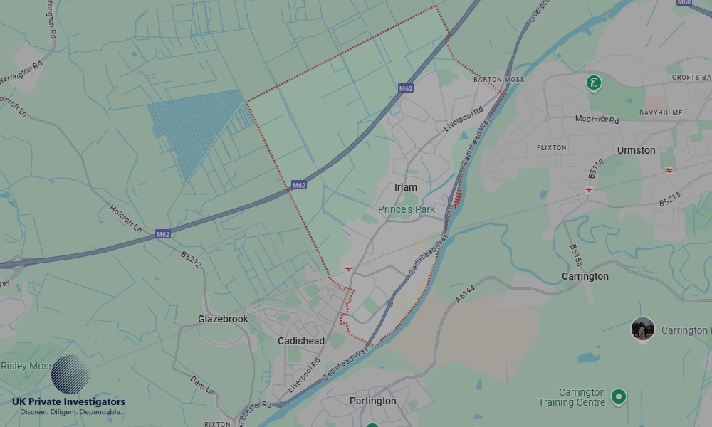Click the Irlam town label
(x=406, y=187)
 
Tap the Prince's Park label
(x=406, y=209)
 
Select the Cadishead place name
(x=300, y=341)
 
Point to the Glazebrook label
(x=223, y=319)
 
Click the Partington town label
(x=372, y=401)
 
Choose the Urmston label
(x=636, y=150)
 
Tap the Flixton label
(x=551, y=148)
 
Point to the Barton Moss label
(x=498, y=80)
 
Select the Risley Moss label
(x=27, y=366)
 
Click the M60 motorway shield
(x=684, y=3)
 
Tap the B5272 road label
(x=191, y=260)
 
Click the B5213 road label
(x=669, y=198)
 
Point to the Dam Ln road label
(x=201, y=386)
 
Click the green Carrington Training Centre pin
(x=619, y=396)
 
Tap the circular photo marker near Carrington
(x=642, y=329)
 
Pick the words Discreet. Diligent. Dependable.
(x=70, y=412)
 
